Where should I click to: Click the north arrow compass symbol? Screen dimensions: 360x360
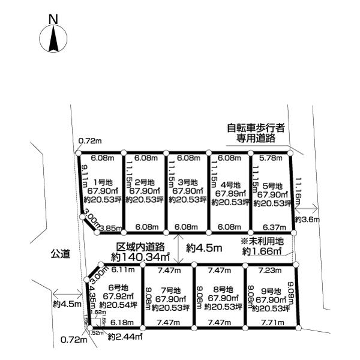coord(52,40)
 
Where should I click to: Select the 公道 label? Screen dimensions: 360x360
coord(61,255)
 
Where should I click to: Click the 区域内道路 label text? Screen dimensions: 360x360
coord(140,247)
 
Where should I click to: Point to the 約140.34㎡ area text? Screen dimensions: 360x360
coord(140,257)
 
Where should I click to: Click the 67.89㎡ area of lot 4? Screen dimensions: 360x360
coord(229,193)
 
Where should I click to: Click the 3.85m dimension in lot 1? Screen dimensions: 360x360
coord(110,228)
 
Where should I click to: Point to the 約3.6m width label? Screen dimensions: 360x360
coord(307,220)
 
